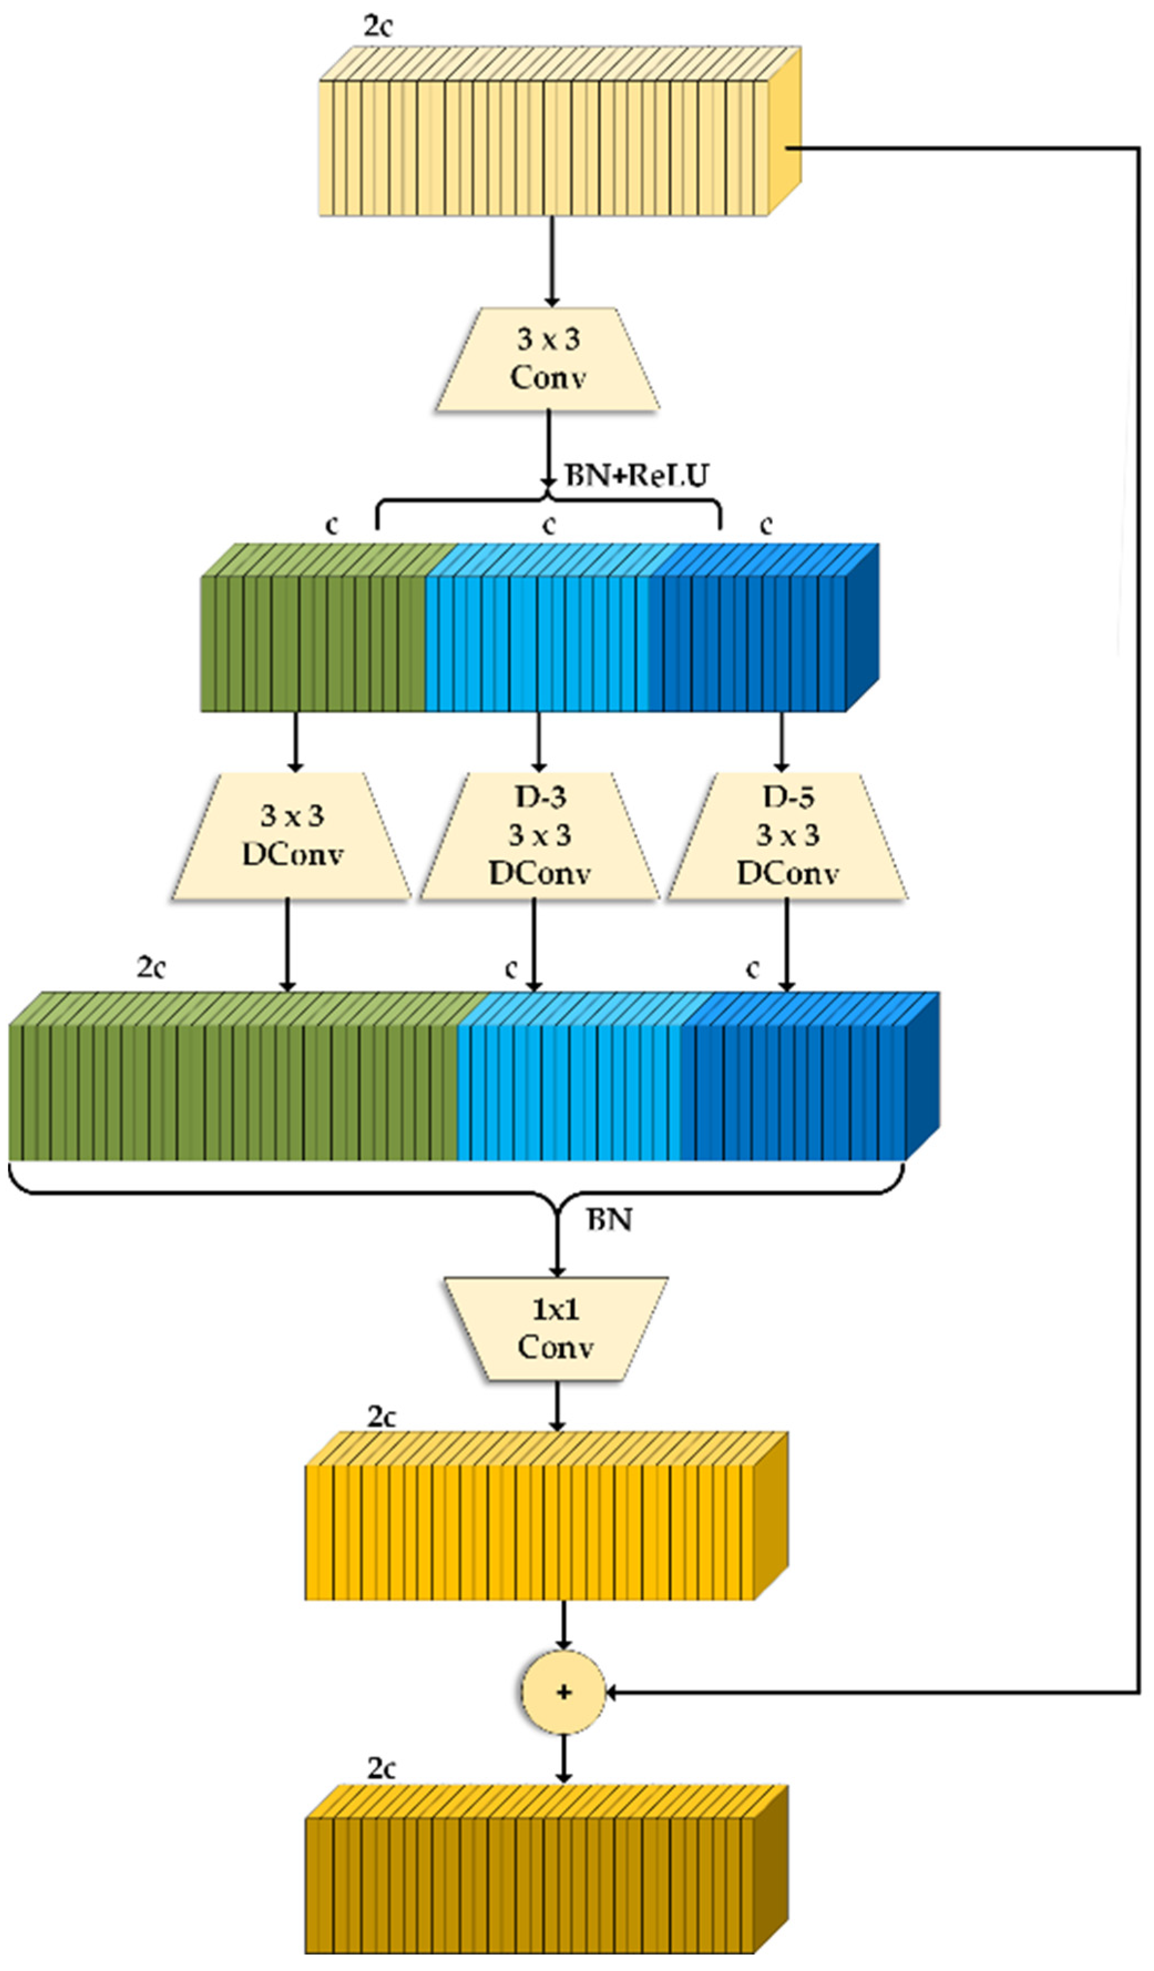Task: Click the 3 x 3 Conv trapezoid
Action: point(548,359)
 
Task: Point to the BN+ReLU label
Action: point(637,476)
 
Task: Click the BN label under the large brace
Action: point(609,1219)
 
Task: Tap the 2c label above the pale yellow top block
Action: point(378,26)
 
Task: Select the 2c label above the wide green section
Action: point(151,968)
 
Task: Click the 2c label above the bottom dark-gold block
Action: point(382,1769)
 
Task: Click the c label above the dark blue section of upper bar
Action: point(766,525)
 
